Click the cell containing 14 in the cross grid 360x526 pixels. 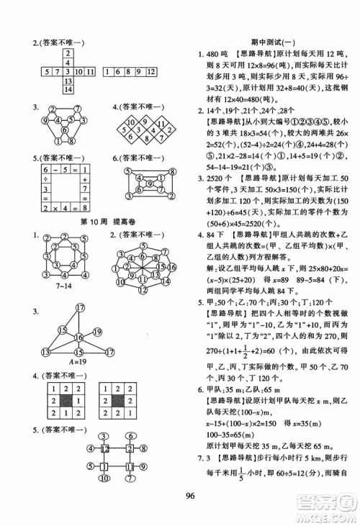[67, 89]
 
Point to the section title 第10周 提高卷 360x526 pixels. [92, 219]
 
